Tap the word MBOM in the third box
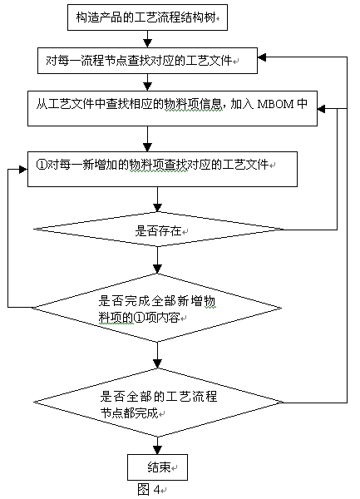tap(275, 104)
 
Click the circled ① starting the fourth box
tap(42, 165)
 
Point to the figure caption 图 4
tap(150, 489)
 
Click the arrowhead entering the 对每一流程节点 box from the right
tap(262, 57)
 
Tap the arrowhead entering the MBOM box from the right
tap(321, 109)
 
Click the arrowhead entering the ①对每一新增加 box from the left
tap(23, 170)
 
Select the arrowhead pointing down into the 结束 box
tap(157, 450)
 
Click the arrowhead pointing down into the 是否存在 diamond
tap(157, 207)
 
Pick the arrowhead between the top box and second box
tap(147, 43)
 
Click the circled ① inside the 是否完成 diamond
tap(139, 318)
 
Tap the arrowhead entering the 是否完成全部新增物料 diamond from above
tap(157, 269)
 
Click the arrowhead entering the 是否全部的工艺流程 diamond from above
tap(157, 363)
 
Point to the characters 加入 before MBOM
tap(242, 104)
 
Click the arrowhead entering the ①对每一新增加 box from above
tap(147, 147)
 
